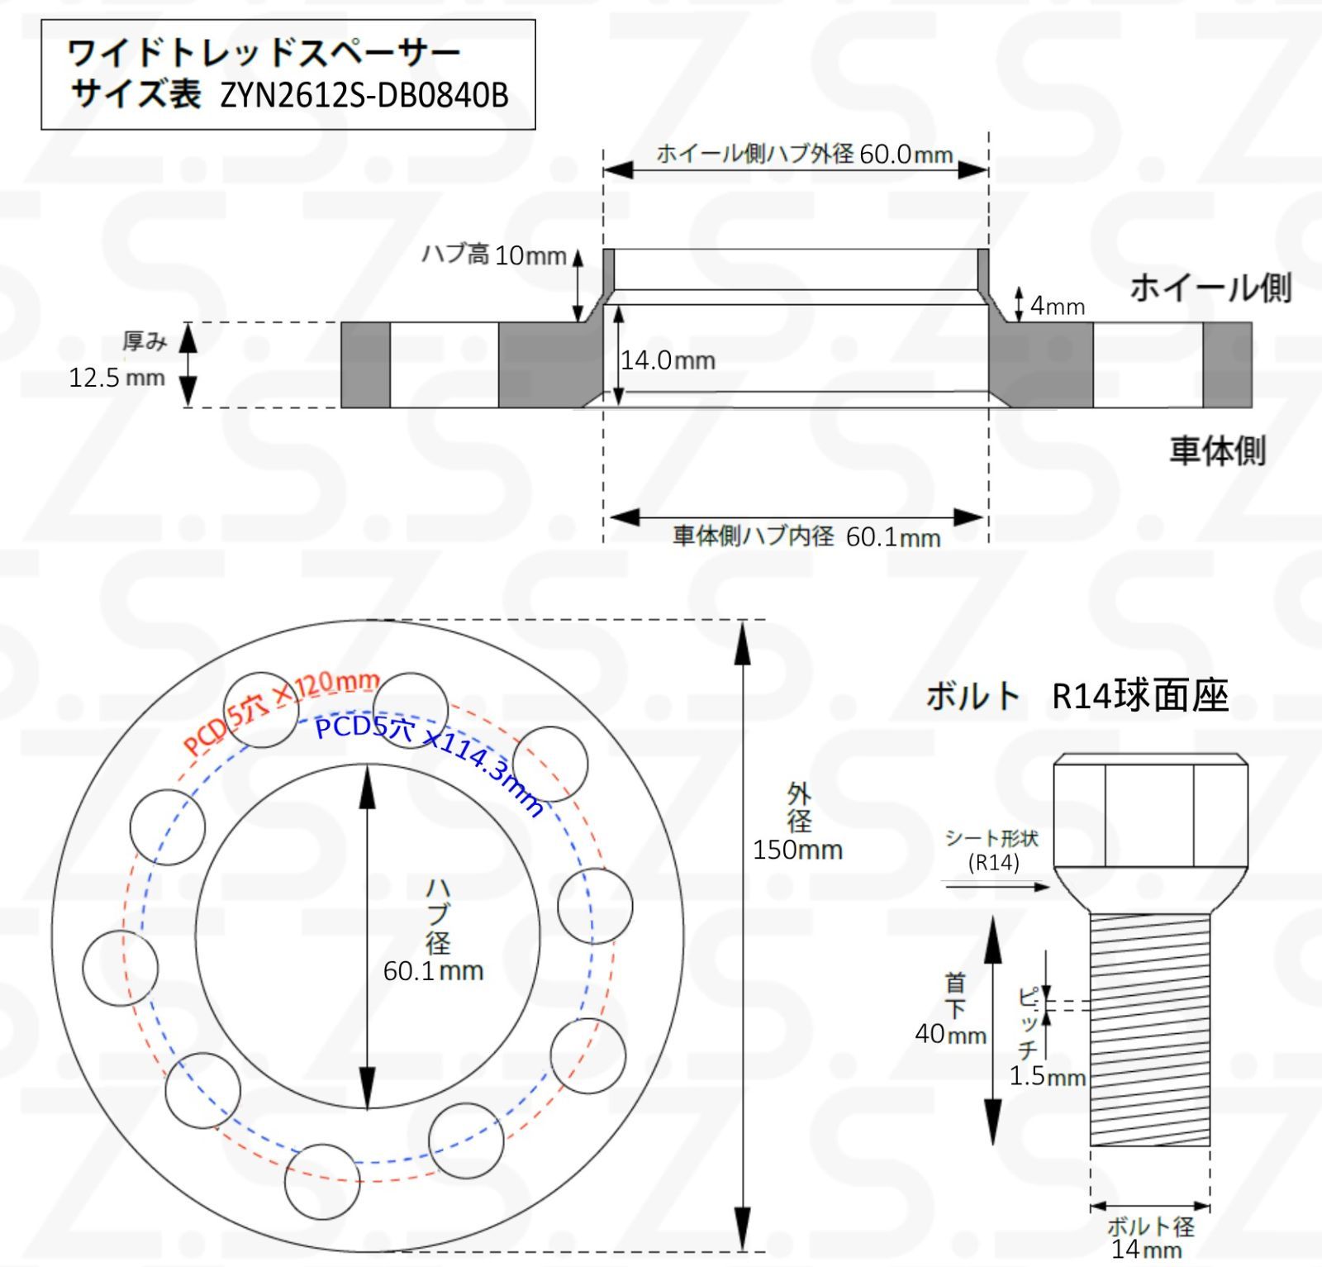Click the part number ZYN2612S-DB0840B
(x=364, y=96)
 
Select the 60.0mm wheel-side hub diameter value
(x=906, y=155)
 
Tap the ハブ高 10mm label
(x=494, y=255)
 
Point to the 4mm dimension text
(x=1057, y=307)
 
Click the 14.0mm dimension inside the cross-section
(x=668, y=360)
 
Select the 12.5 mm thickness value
(x=117, y=378)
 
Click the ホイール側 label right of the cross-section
(x=1210, y=288)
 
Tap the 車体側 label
(x=1217, y=450)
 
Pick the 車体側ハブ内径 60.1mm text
(x=806, y=536)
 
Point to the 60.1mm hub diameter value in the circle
(x=433, y=970)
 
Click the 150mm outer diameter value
(x=797, y=850)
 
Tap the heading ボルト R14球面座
(x=1077, y=695)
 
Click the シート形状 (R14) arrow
(x=996, y=887)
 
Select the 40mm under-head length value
(x=950, y=1034)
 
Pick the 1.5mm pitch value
(x=1047, y=1076)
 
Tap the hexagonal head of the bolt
(x=1150, y=810)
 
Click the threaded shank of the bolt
(x=1150, y=1029)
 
